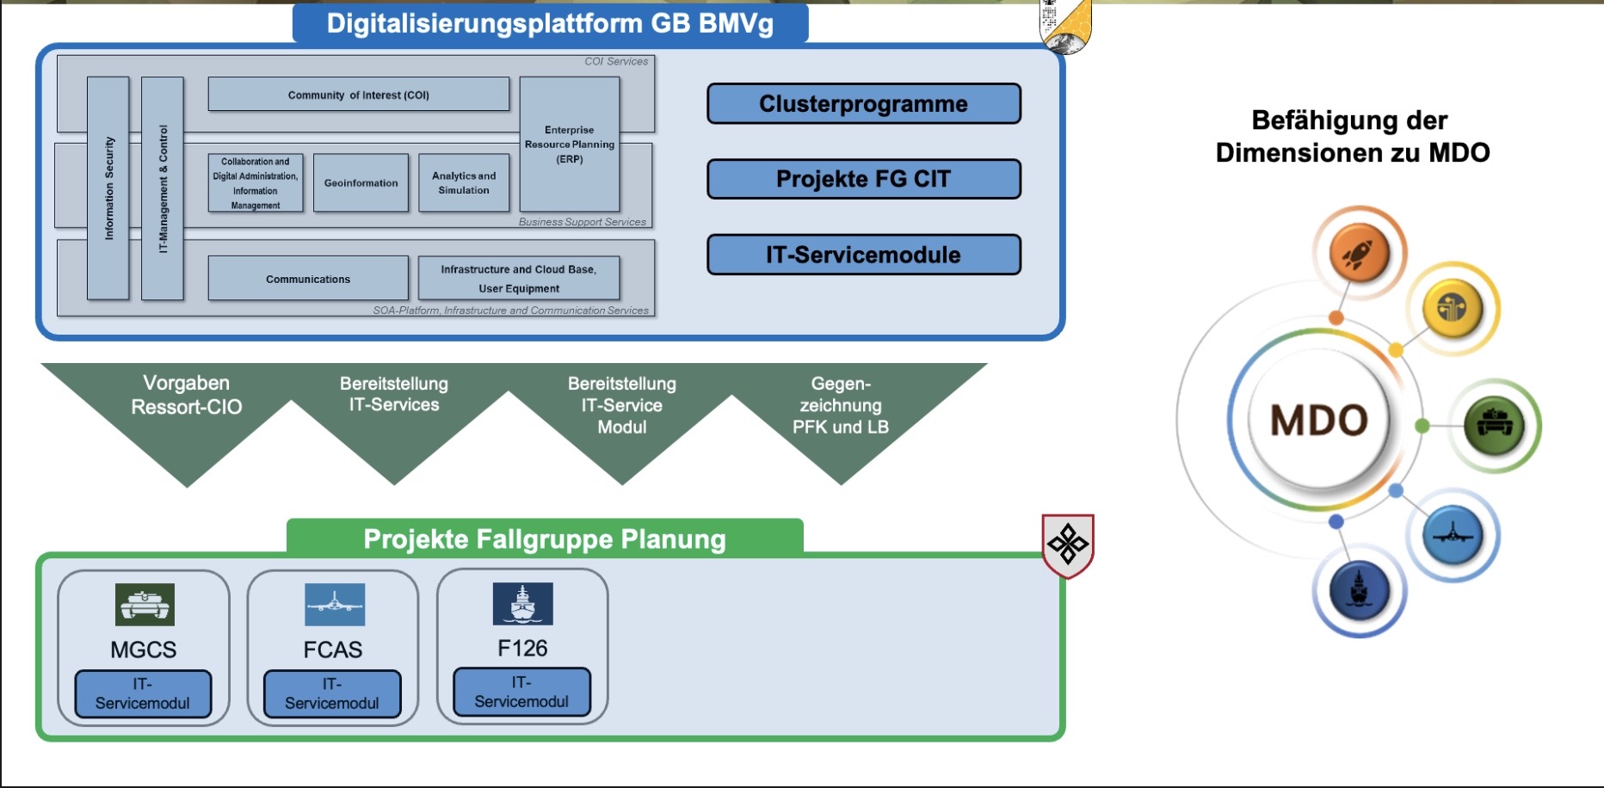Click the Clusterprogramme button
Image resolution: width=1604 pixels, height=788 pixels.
(x=863, y=104)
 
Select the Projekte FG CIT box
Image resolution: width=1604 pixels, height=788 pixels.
(x=863, y=179)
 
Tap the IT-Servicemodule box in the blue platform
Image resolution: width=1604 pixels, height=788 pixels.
(x=863, y=255)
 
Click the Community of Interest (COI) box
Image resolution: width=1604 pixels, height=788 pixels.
(x=358, y=95)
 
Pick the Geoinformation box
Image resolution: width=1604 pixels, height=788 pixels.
(x=361, y=182)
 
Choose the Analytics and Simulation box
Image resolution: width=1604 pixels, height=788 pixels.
(x=464, y=182)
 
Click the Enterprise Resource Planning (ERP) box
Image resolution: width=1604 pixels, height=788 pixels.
(x=569, y=145)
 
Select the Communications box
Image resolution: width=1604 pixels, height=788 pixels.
(x=308, y=279)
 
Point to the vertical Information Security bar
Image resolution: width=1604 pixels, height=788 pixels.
(x=108, y=188)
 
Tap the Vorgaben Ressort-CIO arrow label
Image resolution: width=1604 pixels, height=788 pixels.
(x=187, y=395)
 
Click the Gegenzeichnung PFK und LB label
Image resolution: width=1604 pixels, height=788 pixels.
(x=841, y=405)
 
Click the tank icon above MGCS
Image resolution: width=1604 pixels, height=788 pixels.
(x=145, y=604)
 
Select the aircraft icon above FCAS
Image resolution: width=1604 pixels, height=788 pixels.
(x=335, y=604)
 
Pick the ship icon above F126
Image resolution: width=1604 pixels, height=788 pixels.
(x=522, y=603)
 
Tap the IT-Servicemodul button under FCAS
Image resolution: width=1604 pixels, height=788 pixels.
(x=332, y=693)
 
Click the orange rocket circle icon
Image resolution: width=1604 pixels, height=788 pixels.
(x=1359, y=254)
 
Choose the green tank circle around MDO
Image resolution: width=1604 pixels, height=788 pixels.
(x=1494, y=425)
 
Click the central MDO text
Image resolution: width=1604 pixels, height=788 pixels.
(x=1319, y=421)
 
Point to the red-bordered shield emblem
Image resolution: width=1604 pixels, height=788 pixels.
(x=1068, y=545)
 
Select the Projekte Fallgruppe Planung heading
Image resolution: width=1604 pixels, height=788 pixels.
(x=545, y=539)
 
